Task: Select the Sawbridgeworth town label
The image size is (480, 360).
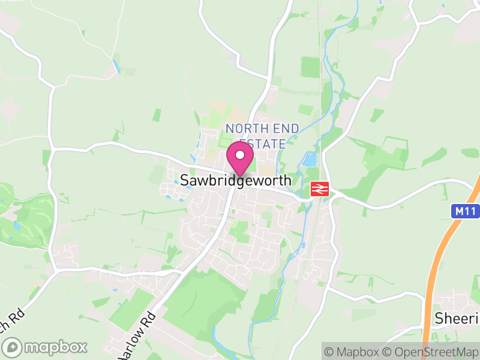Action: click(x=236, y=180)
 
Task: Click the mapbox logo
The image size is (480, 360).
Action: click(x=45, y=347)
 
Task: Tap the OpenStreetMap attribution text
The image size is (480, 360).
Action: click(x=433, y=352)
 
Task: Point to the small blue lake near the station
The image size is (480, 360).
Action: click(x=310, y=160)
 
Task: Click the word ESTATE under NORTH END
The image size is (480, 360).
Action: click(x=263, y=144)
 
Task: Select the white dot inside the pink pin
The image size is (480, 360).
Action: click(x=240, y=154)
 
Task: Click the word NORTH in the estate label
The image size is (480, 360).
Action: click(x=244, y=128)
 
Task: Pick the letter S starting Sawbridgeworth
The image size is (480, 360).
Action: click(x=185, y=180)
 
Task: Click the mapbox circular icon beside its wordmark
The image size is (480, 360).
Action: click(x=12, y=347)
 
